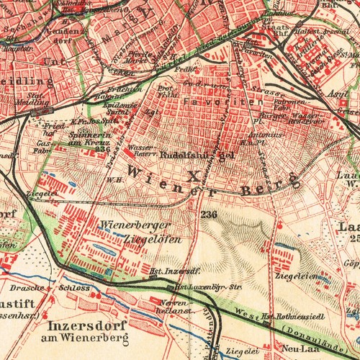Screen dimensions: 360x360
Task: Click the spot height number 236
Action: [x=210, y=215]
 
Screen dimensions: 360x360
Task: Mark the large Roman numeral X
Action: [x=190, y=175]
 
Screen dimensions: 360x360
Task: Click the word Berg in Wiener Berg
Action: [x=278, y=183]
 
